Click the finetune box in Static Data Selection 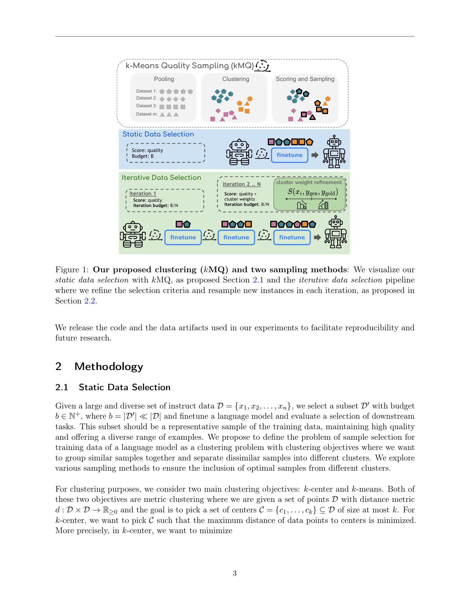(x=289, y=155)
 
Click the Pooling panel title (x=164, y=79)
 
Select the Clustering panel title (x=236, y=79)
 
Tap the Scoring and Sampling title (x=305, y=79)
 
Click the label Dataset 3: (x=147, y=106)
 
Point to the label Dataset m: (x=147, y=114)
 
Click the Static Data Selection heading (x=158, y=134)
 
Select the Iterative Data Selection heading (x=161, y=178)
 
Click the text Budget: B (x=143, y=156)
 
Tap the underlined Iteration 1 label (x=143, y=193)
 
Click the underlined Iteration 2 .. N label (x=241, y=184)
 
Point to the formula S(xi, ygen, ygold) (x=313, y=192)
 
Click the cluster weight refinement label (x=309, y=182)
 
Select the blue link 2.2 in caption (x=90, y=301)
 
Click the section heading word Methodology (x=109, y=366)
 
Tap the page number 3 (x=235, y=573)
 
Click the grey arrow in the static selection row (x=315, y=155)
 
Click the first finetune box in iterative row (x=183, y=237)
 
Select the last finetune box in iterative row (x=292, y=237)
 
